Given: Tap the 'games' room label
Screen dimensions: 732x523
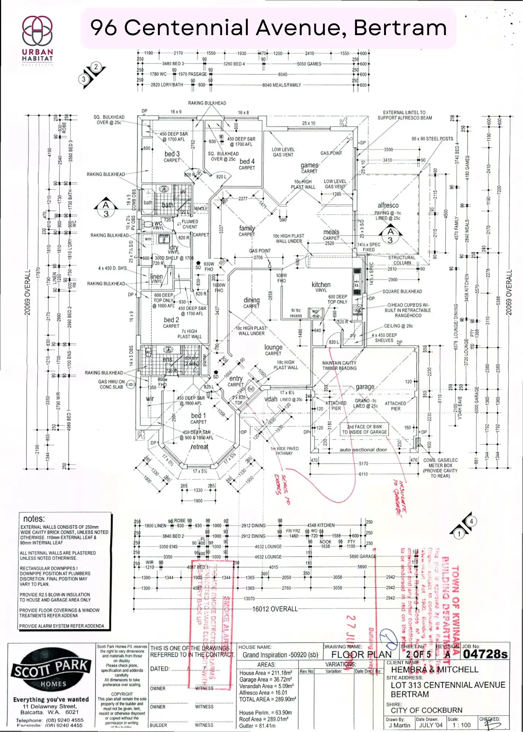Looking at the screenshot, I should click(x=310, y=165).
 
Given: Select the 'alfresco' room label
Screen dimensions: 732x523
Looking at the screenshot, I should click(x=388, y=205).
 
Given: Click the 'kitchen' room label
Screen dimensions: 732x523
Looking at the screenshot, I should click(x=321, y=285).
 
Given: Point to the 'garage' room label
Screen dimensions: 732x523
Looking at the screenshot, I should click(x=365, y=387).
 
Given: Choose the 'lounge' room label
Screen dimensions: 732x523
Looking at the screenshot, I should click(x=273, y=347).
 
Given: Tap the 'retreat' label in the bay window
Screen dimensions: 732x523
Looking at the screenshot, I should click(x=199, y=447).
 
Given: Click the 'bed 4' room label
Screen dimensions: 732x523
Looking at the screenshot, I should click(x=247, y=161).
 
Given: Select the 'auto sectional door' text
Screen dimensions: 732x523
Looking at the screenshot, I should click(x=363, y=450).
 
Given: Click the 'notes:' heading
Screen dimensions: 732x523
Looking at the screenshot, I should click(x=34, y=519).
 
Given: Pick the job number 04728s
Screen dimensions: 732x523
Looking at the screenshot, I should click(x=485, y=654).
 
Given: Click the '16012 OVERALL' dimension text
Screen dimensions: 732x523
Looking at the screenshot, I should click(x=275, y=609).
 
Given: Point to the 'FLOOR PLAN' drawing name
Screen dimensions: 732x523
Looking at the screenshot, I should click(x=361, y=655).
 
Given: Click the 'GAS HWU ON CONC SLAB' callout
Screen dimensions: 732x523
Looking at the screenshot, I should click(x=111, y=384).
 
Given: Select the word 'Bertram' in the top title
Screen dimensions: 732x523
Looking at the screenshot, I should click(x=400, y=28).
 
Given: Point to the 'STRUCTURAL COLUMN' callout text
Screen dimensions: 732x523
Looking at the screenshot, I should click(x=402, y=260).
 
